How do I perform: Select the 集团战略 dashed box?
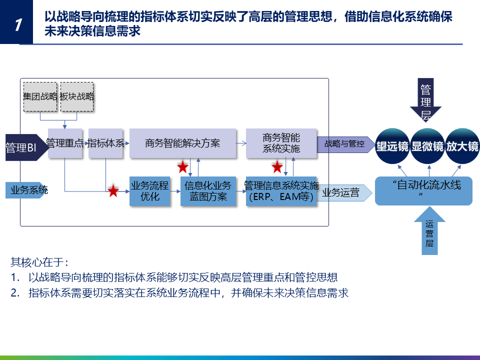(40, 96)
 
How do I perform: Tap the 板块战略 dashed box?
(76, 96)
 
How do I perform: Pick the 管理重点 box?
(65, 143)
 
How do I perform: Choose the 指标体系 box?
(105, 143)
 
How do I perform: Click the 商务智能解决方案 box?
(182, 143)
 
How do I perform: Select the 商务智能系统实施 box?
(281, 143)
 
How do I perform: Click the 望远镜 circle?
(392, 146)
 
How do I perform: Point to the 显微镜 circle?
(427, 146)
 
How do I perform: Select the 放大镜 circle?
(462, 146)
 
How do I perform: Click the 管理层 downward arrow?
(425, 100)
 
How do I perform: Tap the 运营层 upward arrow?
(429, 232)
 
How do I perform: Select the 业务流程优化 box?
(149, 191)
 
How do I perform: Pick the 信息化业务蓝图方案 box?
(207, 191)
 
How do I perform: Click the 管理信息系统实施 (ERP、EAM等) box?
(281, 191)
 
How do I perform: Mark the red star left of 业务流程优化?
(113, 190)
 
